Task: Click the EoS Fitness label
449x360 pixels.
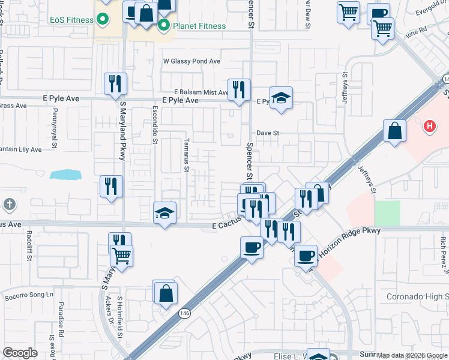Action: point(71,20)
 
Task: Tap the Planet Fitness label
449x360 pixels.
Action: point(199,26)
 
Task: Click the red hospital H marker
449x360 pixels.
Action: point(429,127)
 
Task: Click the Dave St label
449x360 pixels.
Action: point(268,133)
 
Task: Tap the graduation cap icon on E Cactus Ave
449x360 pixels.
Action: point(164,213)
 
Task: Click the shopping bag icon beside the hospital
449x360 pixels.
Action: point(394,131)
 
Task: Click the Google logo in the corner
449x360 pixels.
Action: point(20,353)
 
